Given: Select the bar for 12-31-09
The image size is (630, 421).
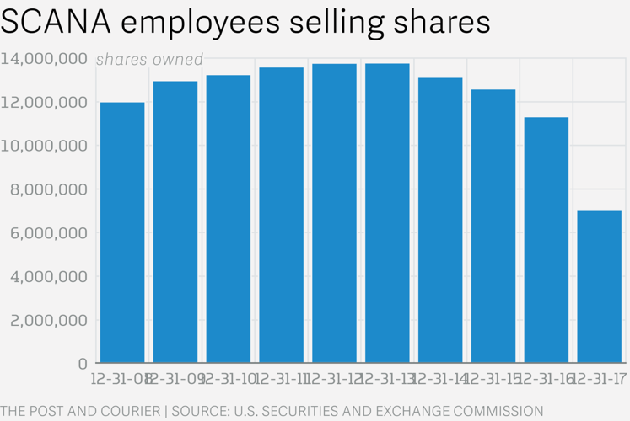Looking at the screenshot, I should (x=175, y=222).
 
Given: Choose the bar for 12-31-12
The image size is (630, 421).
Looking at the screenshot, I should (x=334, y=214).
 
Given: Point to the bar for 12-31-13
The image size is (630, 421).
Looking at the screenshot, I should (x=387, y=214).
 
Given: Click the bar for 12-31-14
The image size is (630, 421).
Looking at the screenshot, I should (x=440, y=221).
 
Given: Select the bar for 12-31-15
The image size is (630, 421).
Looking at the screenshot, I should (x=493, y=226).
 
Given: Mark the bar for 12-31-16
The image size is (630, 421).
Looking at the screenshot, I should (x=547, y=240).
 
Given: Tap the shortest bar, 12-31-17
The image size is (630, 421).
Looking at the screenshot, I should (x=600, y=287).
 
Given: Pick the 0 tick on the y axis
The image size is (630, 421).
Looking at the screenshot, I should (x=83, y=364).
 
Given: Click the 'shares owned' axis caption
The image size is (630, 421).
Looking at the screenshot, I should (x=149, y=60).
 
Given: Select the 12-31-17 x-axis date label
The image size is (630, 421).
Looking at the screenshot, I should (x=600, y=380).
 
